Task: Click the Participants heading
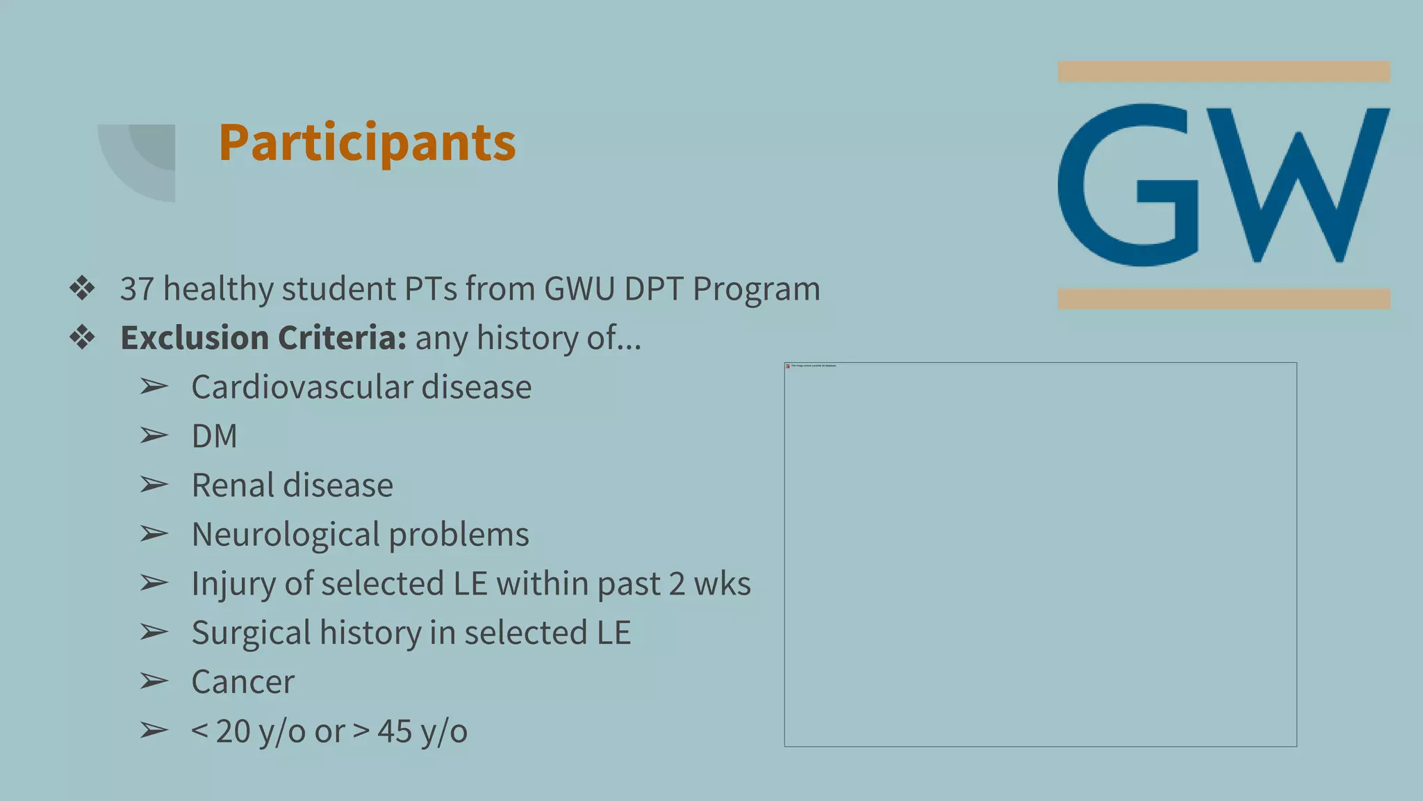[367, 143]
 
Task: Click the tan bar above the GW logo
[1223, 72]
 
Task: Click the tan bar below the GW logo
[1223, 299]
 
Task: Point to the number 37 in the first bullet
[137, 289]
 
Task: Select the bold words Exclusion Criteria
[263, 338]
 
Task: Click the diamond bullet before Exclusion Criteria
[82, 338]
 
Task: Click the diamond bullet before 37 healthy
[82, 289]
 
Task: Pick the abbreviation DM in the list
[214, 437]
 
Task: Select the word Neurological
[285, 535]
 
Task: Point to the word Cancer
[242, 682]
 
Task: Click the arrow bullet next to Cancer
[154, 681]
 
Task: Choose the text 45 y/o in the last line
[422, 731]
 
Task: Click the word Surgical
[251, 633]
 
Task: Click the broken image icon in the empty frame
[788, 366]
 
